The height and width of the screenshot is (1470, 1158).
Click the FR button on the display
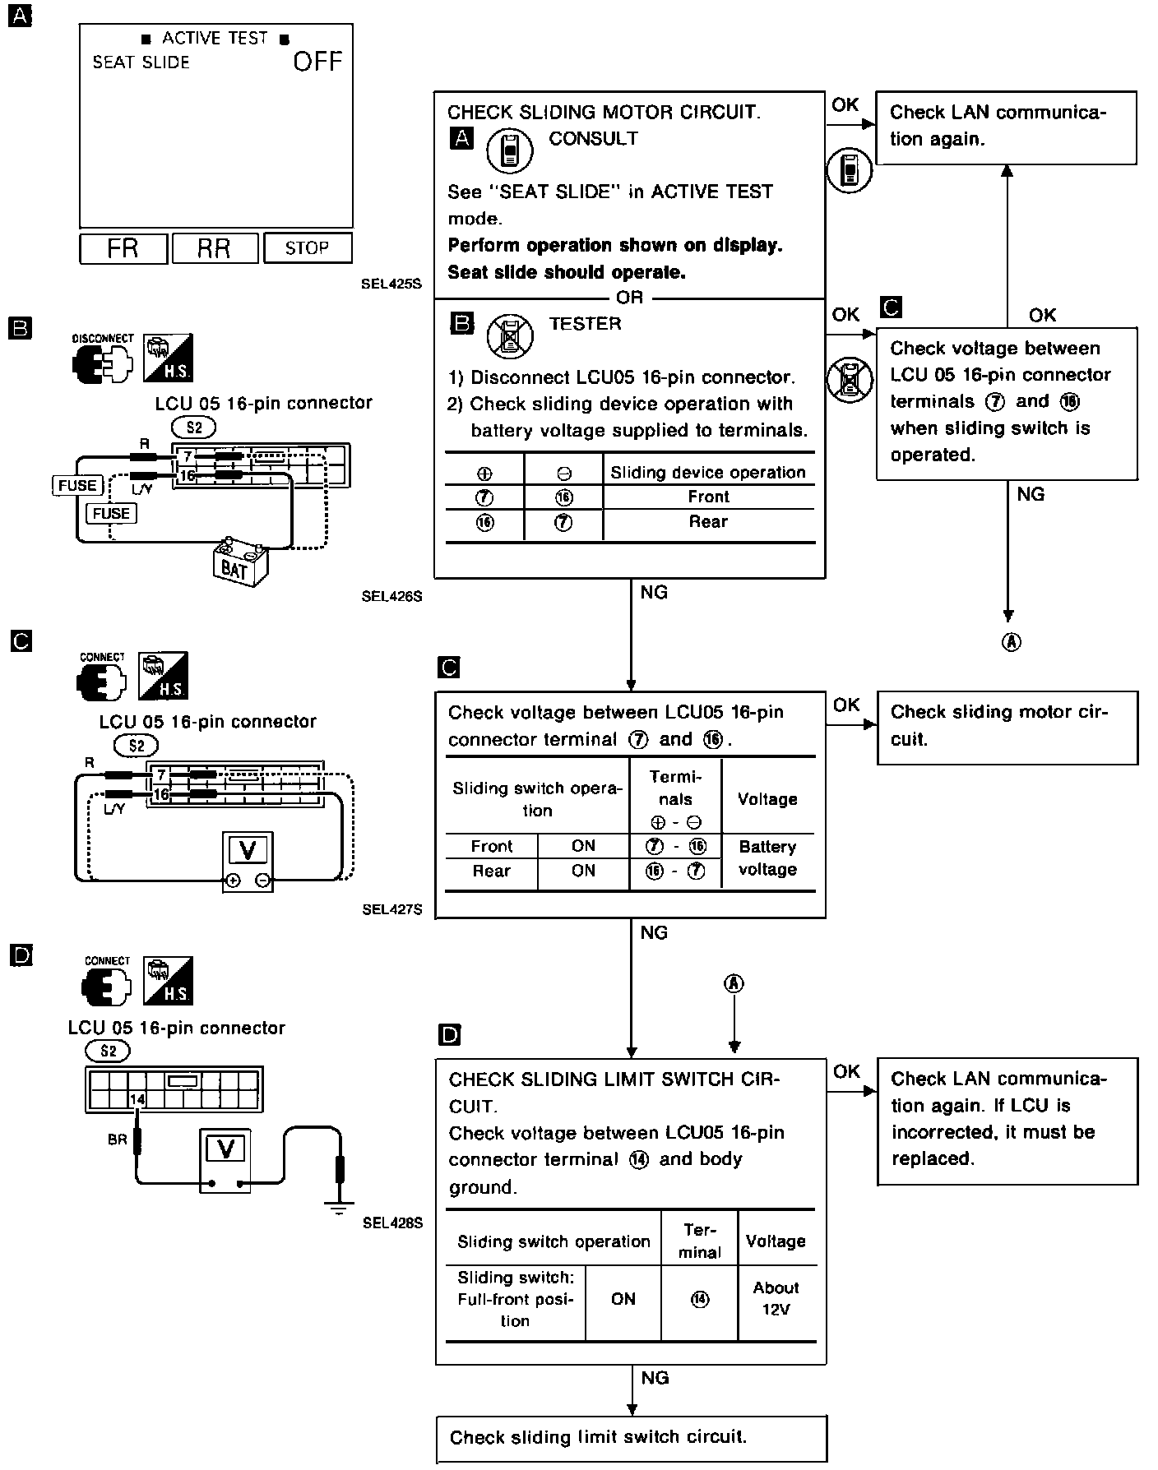tap(123, 248)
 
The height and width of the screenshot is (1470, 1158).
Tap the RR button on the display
tap(214, 248)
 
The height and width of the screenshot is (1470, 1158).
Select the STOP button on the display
tap(308, 248)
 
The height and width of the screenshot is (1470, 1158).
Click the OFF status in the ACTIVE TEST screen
tap(317, 62)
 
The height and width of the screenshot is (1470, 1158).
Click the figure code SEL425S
tap(391, 284)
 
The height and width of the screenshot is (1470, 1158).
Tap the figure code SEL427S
tap(391, 909)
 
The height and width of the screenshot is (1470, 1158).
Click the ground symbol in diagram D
tap(336, 1208)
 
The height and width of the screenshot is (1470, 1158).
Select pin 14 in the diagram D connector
tap(137, 1098)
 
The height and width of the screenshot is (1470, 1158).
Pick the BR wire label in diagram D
tap(117, 1140)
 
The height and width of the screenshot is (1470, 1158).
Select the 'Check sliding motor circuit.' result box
tap(1007, 726)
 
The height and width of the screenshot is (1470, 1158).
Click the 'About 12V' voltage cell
tap(776, 1298)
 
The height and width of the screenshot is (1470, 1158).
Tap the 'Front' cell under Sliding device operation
tap(708, 497)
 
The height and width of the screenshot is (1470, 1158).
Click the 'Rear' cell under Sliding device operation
tap(708, 522)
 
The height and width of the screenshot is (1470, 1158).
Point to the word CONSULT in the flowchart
tap(593, 139)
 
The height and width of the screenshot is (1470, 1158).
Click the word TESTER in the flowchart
tap(585, 324)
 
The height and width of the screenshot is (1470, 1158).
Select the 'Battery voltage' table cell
tap(767, 857)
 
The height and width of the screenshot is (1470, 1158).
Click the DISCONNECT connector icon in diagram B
tap(102, 362)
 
